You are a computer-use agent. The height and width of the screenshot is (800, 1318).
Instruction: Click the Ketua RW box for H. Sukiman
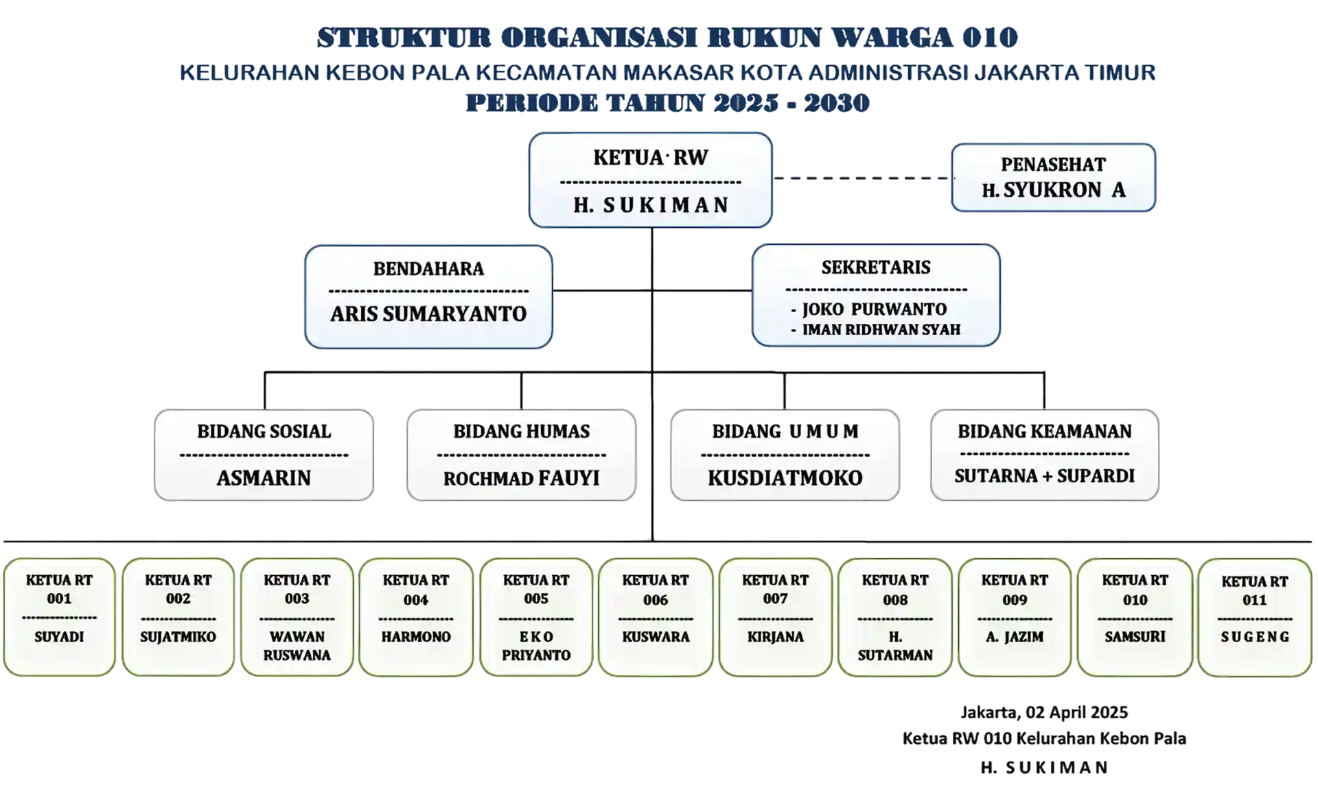point(650,180)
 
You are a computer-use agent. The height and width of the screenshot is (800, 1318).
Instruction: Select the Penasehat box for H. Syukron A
point(1053,178)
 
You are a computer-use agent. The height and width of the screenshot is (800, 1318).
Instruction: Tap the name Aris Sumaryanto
point(428,314)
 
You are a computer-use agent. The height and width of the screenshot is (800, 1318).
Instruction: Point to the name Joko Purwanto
point(874,309)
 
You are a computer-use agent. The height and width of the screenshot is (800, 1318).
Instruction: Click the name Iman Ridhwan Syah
point(881,330)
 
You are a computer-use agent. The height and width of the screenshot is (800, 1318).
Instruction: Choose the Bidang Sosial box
point(264,455)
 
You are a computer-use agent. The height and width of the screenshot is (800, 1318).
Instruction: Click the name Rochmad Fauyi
point(522,478)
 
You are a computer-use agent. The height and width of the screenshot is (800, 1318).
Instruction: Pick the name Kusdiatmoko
point(785,478)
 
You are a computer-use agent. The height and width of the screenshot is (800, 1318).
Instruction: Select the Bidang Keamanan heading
point(1045,432)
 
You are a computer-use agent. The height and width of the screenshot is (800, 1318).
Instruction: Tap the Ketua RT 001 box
point(59,617)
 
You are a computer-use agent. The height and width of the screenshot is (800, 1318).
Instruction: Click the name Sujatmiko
point(178,637)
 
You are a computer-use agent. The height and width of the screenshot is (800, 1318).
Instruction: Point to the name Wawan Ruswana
point(297,646)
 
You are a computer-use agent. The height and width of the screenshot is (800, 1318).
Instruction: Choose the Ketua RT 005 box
point(536,617)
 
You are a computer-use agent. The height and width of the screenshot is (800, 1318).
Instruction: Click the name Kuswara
point(656,637)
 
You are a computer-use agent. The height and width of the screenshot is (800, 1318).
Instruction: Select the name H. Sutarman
point(895,646)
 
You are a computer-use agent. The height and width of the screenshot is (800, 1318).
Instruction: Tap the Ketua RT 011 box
point(1255,617)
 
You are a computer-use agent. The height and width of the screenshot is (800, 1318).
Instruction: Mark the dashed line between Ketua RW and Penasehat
point(863,178)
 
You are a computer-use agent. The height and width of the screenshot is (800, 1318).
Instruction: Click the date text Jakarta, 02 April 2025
point(1044,713)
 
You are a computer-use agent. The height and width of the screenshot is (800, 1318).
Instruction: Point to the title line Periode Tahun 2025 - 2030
point(668,103)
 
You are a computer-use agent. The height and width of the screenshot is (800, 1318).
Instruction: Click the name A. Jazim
point(1015,637)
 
